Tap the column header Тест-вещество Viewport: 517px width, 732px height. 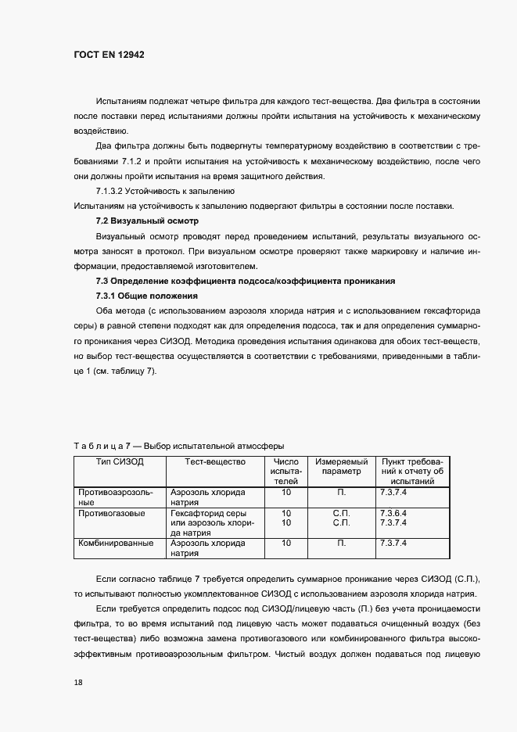tap(214, 462)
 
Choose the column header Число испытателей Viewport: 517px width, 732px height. tap(285, 472)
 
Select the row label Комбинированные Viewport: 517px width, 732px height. tap(115, 543)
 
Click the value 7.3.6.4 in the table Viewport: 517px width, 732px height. tap(393, 513)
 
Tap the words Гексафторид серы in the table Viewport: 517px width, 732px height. tap(206, 513)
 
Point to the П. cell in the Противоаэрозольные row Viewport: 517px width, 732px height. tap(341, 493)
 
